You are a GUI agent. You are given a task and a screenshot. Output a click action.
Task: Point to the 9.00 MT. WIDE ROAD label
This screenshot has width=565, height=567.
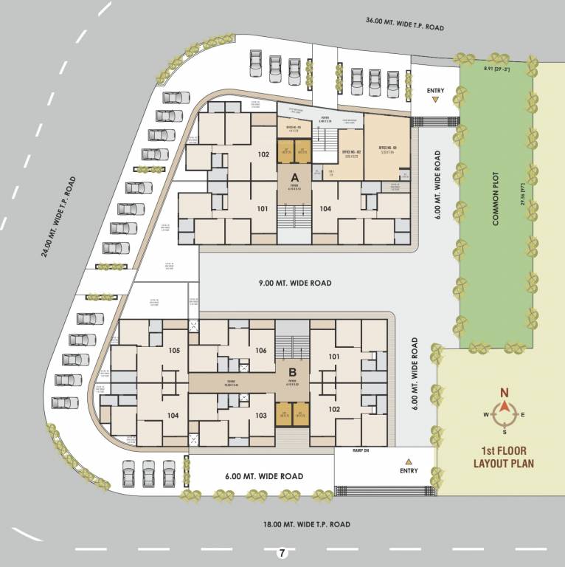(295, 283)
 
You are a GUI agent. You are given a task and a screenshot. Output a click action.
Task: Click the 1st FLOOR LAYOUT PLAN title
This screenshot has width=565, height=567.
(504, 457)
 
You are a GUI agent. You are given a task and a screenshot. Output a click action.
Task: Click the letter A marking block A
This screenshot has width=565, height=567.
(294, 178)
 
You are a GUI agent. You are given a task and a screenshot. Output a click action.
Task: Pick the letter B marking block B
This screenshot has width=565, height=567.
(292, 372)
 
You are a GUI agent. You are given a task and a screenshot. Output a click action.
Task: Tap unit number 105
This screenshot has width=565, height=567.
(175, 350)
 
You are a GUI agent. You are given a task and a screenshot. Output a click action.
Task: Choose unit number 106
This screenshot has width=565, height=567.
(260, 350)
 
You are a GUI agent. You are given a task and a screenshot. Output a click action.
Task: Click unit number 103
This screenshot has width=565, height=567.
(260, 416)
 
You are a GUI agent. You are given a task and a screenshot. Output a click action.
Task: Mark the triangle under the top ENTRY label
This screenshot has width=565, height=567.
(436, 99)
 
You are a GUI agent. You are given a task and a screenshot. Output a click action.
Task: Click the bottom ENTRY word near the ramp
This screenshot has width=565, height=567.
(409, 470)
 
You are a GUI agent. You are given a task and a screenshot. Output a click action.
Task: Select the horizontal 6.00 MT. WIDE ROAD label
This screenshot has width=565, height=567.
(264, 477)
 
